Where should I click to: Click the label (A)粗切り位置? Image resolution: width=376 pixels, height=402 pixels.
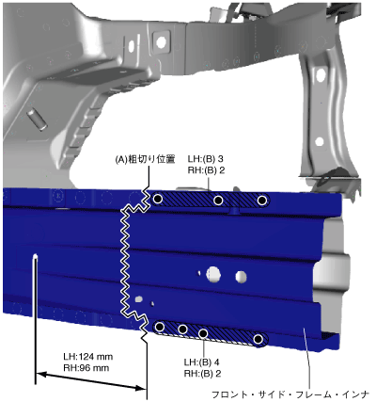pyautogui.click(x=145, y=160)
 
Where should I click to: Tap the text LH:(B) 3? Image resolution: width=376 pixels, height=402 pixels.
pyautogui.click(x=206, y=159)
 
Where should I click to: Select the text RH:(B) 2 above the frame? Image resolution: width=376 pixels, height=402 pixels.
pyautogui.click(x=206, y=170)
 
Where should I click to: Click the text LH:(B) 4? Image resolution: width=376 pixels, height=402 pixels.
pyautogui.click(x=202, y=362)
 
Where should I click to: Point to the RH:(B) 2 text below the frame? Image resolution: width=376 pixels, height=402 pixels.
pyautogui.click(x=202, y=374)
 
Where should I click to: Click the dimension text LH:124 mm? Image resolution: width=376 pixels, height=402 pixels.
pyautogui.click(x=88, y=357)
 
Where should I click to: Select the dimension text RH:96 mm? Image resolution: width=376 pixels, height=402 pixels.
pyautogui.click(x=86, y=368)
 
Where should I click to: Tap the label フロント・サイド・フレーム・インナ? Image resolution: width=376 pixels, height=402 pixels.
pyautogui.click(x=290, y=394)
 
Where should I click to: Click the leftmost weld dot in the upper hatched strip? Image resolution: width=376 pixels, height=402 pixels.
pyautogui.click(x=158, y=199)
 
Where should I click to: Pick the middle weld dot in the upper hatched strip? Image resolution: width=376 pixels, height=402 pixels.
pyautogui.click(x=218, y=200)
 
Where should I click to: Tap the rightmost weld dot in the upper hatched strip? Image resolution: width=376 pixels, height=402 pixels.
pyautogui.click(x=262, y=200)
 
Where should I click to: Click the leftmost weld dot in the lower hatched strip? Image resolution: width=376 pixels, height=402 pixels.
pyautogui.click(x=160, y=327)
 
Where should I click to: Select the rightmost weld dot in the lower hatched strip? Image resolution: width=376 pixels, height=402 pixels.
pyautogui.click(x=258, y=339)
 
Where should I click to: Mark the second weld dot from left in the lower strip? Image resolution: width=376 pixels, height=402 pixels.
pyautogui.click(x=182, y=330)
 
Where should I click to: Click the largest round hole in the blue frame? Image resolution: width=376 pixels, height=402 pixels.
pyautogui.click(x=213, y=274)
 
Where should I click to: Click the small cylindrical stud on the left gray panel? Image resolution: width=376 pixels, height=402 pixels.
pyautogui.click(x=38, y=119)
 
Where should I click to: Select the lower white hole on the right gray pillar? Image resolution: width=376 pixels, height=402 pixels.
pyautogui.click(x=320, y=141)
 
